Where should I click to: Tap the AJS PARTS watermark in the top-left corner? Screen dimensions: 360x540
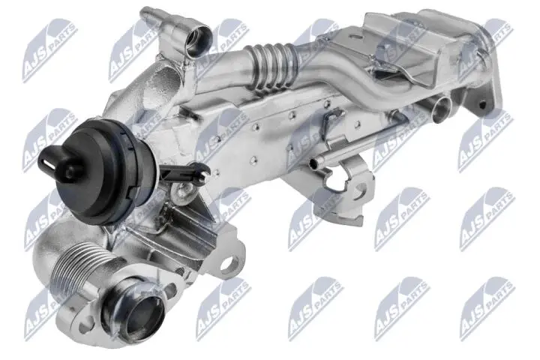coord(49,49)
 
